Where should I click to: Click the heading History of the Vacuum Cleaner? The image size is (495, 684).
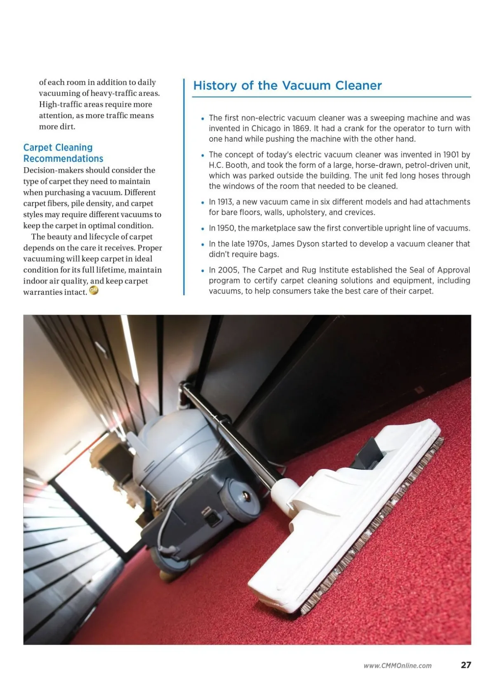pos(288,85)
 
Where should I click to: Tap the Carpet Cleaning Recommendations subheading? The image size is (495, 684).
pos(63,153)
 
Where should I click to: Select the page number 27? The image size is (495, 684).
pos(466,665)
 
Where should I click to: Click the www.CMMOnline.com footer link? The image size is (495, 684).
pos(397,665)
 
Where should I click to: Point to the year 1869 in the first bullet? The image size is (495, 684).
pos(301,128)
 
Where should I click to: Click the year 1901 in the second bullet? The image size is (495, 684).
pos(451,155)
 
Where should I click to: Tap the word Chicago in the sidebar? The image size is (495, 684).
pos(266,128)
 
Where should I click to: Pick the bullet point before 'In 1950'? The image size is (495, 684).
pos(203,229)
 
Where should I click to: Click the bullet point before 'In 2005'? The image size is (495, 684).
pos(203,271)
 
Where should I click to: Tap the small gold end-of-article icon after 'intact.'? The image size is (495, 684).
pos(94,291)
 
